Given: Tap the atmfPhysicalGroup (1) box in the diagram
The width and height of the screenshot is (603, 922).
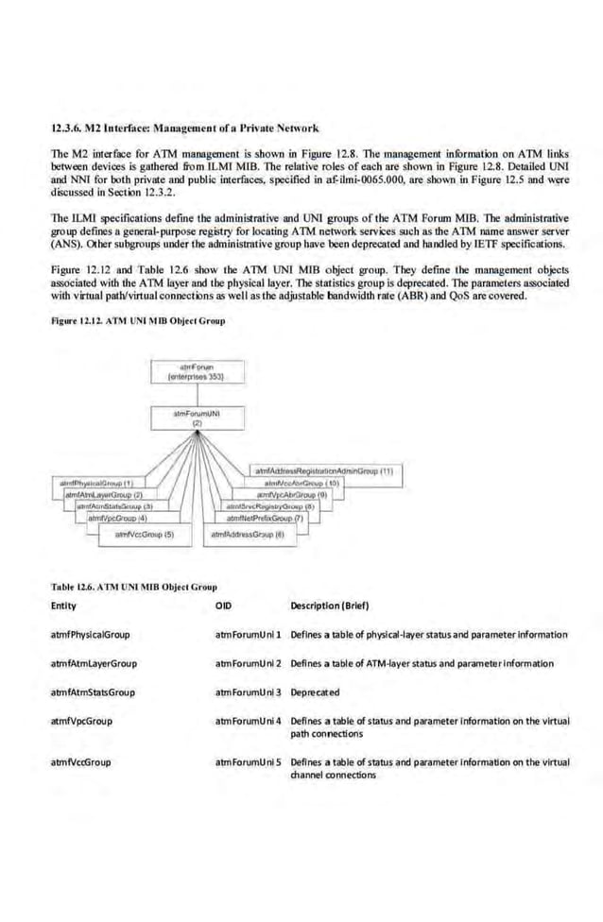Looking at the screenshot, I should pyautogui.click(x=94, y=483).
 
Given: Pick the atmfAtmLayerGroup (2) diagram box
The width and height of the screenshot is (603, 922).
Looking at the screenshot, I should pyautogui.click(x=103, y=494).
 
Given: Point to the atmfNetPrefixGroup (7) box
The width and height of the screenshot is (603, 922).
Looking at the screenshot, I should pyautogui.click(x=264, y=519).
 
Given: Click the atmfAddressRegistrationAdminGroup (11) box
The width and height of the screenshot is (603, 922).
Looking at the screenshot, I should pyautogui.click(x=326, y=470).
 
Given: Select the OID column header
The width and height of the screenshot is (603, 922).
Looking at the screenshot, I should pyautogui.click(x=223, y=606).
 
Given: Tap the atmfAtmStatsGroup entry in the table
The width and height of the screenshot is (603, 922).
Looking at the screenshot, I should pyautogui.click(x=93, y=691).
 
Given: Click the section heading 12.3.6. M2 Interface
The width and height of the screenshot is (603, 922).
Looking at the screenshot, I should pyautogui.click(x=184, y=127).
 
